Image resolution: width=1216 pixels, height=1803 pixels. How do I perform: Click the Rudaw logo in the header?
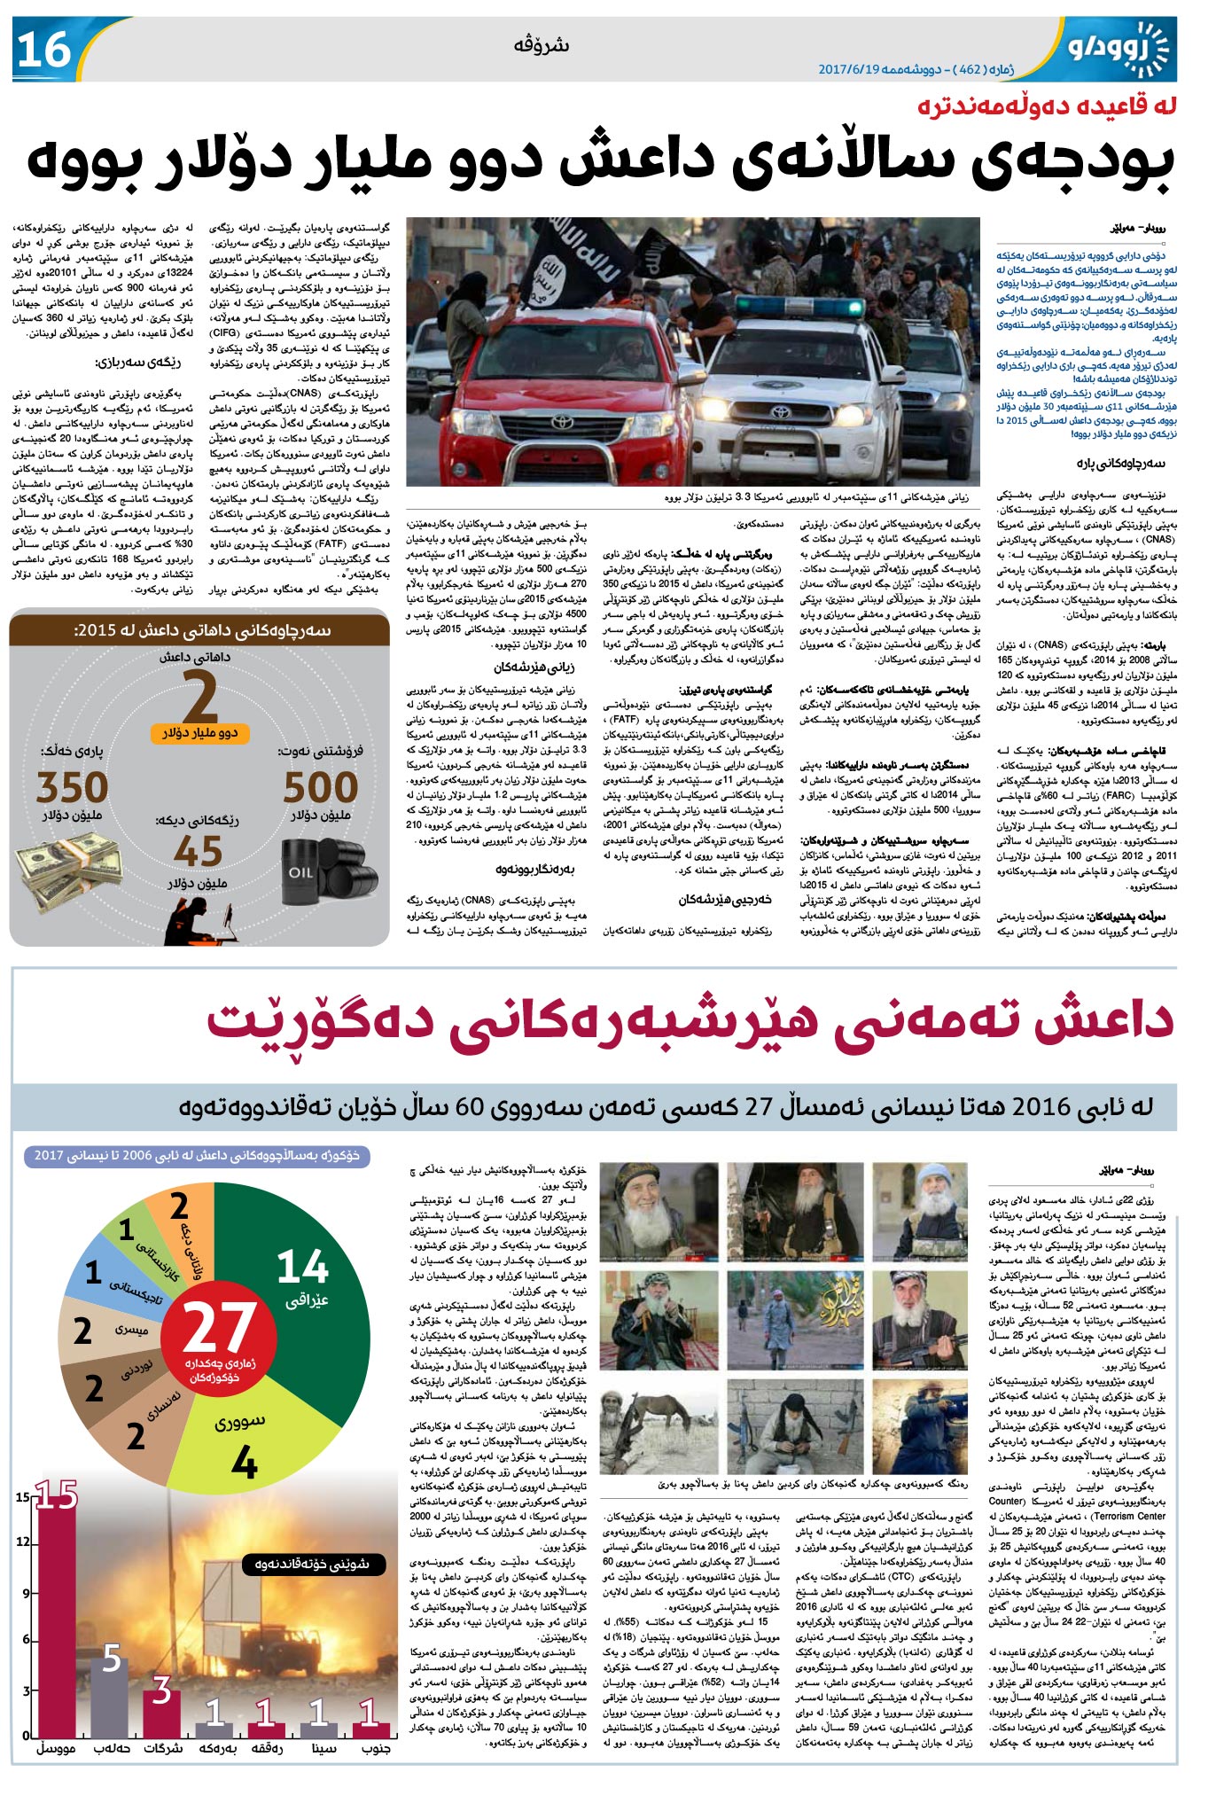[1121, 49]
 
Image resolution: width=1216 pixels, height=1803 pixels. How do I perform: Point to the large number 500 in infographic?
[321, 787]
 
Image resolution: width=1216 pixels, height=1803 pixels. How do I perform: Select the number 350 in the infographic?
[72, 787]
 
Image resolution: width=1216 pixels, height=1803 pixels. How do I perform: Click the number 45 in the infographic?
[198, 852]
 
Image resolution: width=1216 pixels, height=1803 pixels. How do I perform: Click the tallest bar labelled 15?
[56, 1622]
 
